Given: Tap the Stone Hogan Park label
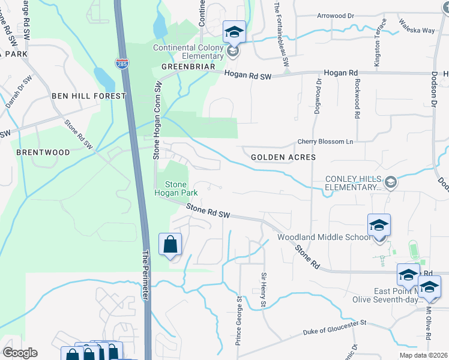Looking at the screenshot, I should (x=172, y=188).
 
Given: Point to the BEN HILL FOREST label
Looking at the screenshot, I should (x=89, y=96).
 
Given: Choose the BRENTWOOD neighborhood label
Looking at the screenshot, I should (x=43, y=152).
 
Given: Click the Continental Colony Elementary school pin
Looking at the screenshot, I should (x=235, y=32).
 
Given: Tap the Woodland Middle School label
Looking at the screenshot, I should (x=324, y=237).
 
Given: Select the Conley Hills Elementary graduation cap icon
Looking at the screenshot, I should (x=391, y=181).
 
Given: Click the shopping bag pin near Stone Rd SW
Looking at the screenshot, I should (x=170, y=245).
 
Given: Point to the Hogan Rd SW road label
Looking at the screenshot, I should (x=249, y=74).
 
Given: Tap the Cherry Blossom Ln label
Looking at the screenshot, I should (x=324, y=142).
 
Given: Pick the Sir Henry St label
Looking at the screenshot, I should (x=263, y=290).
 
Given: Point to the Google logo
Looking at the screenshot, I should (x=20, y=353).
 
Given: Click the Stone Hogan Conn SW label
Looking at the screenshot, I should (x=156, y=119).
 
